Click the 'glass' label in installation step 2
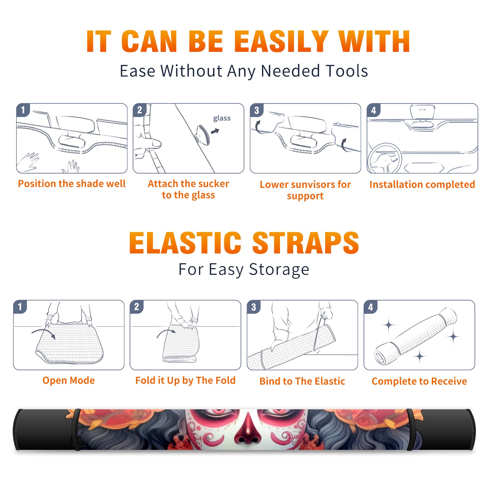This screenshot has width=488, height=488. [x=222, y=118]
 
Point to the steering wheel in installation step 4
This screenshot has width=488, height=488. [x=385, y=158]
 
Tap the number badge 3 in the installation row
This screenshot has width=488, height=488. [x=257, y=110]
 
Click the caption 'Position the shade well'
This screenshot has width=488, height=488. [x=72, y=184]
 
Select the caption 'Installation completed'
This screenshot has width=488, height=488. [x=422, y=184]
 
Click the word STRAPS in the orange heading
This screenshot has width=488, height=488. [x=306, y=243]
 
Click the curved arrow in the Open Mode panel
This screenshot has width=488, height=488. [x=44, y=332]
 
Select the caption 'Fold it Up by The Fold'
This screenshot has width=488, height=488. [x=185, y=380]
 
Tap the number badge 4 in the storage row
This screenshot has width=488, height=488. [x=370, y=307]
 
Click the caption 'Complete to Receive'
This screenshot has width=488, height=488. [x=419, y=381]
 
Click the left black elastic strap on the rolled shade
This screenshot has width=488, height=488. [x=76, y=429]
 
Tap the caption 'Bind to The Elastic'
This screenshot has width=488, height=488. [x=302, y=381]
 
